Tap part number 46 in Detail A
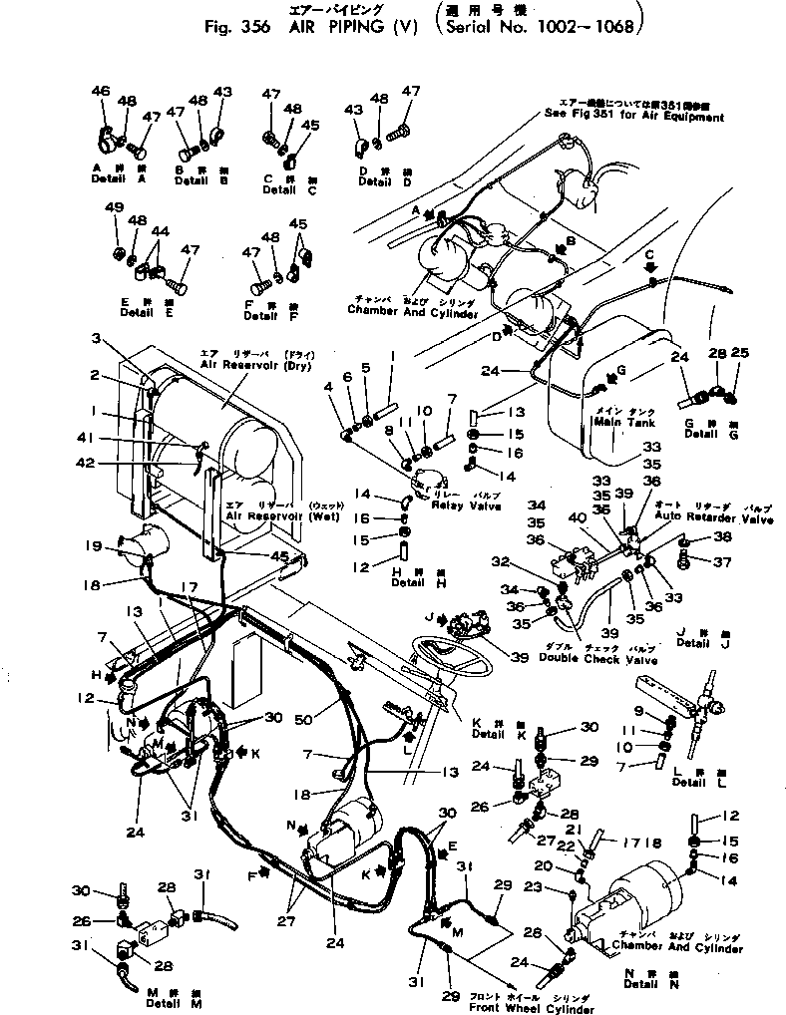[x=100, y=92]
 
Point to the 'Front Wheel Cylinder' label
[x=554, y=1008]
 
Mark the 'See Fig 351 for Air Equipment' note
[x=633, y=117]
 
